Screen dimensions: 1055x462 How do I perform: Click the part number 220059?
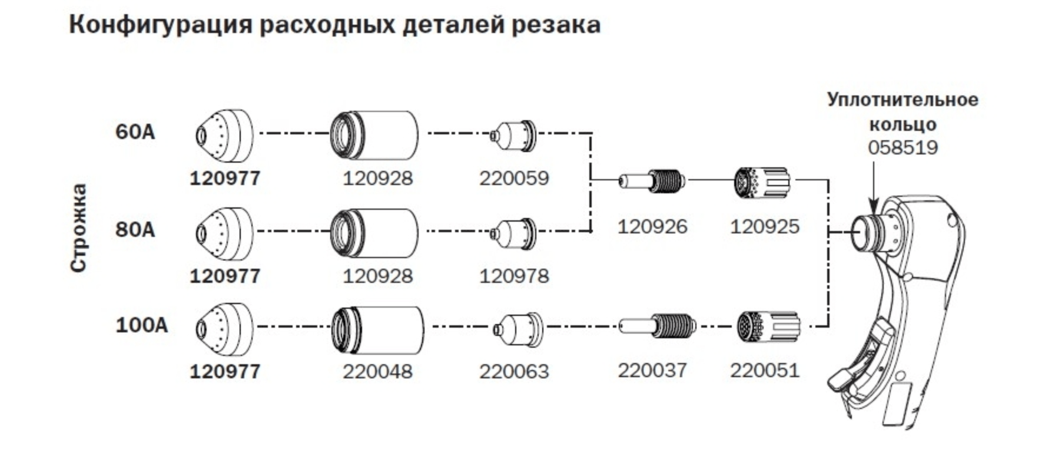[x=514, y=178]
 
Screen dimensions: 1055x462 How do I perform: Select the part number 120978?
[x=514, y=276]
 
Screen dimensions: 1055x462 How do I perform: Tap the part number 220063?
[x=514, y=371]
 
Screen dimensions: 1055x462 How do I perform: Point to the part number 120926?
[x=652, y=226]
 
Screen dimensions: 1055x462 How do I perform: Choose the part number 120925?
[x=765, y=226]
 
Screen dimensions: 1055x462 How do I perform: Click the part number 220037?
[x=652, y=370]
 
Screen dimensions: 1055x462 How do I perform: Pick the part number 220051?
[x=765, y=370]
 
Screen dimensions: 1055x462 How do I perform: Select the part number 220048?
[x=378, y=371]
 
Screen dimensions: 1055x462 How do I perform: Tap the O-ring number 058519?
[x=903, y=147]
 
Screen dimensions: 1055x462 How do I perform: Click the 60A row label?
[x=135, y=131]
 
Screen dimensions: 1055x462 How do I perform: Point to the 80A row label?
[x=135, y=229]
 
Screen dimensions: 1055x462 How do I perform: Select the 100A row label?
[x=142, y=325]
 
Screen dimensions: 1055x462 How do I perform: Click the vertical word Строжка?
[x=79, y=228]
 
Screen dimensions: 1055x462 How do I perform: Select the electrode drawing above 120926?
[x=652, y=180]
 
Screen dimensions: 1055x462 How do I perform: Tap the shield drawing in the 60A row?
[x=224, y=136]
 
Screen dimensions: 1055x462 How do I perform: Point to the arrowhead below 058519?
[x=874, y=207]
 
